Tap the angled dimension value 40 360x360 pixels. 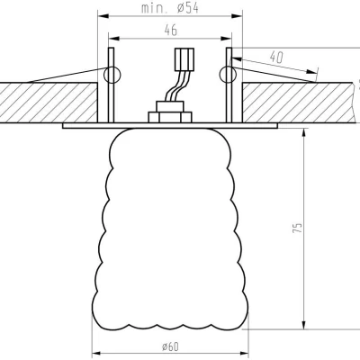(x=277, y=56)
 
